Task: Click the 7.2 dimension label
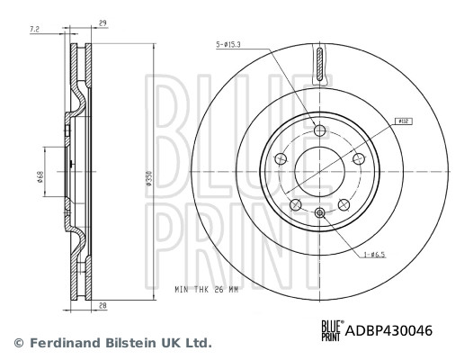click(x=34, y=31)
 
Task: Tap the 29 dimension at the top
click(x=104, y=22)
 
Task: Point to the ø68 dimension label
click(x=40, y=176)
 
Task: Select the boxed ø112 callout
click(x=404, y=119)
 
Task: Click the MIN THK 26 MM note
click(x=208, y=291)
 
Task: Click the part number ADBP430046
click(x=391, y=330)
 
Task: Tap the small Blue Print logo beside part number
click(x=331, y=330)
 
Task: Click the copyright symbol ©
click(x=16, y=343)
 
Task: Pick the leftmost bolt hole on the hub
click(x=280, y=159)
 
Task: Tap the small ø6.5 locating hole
click(x=320, y=212)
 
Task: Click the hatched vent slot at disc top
click(x=320, y=66)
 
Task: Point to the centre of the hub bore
click(x=320, y=171)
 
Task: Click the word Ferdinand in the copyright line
click(x=63, y=343)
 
